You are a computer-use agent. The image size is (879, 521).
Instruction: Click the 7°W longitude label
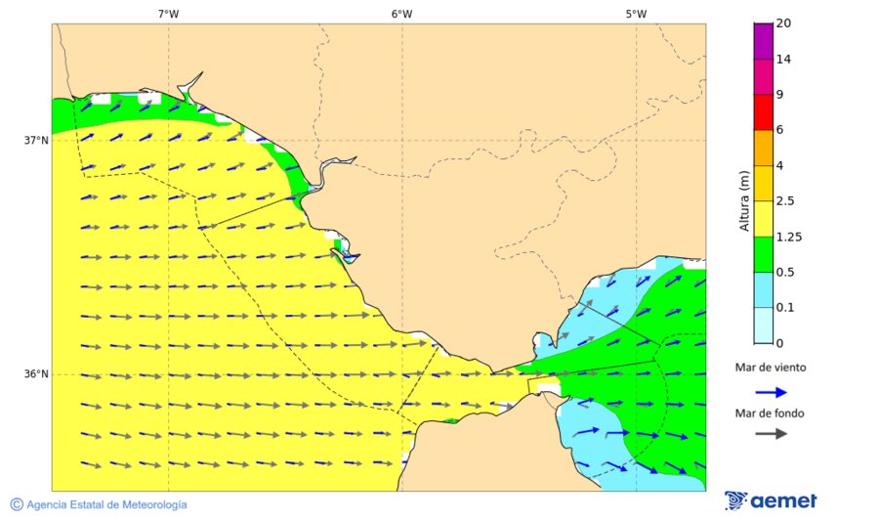168,14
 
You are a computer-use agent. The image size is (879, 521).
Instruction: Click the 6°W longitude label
401,14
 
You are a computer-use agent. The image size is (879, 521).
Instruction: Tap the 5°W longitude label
636,14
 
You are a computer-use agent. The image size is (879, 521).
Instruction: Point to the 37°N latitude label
36,140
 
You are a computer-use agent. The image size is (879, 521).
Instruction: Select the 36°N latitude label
36,374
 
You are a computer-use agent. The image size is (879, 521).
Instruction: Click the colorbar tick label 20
782,23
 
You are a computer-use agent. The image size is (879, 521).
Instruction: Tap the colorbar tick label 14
782,59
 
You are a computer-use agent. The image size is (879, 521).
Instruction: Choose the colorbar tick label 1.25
788,237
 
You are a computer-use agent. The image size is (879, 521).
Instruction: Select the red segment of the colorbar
763,112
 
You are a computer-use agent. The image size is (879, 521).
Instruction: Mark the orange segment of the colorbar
763,148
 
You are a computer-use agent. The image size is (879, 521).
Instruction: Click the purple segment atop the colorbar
763,41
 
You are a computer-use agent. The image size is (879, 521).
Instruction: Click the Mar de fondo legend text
771,413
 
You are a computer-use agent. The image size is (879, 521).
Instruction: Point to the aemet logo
772,500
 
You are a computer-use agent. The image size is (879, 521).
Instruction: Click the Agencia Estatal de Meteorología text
107,504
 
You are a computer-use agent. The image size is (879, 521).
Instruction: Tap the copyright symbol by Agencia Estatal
17,504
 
